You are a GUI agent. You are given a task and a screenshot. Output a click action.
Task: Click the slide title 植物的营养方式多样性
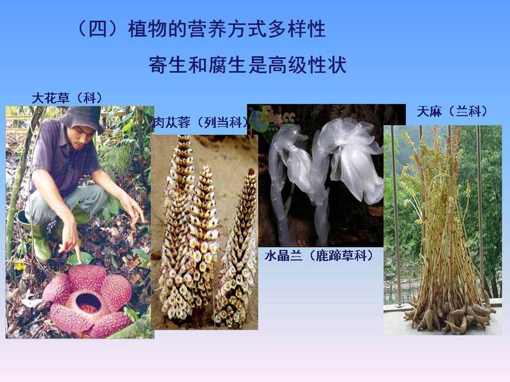(x=227, y=29)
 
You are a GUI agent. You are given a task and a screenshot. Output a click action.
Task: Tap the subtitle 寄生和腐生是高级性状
(x=247, y=65)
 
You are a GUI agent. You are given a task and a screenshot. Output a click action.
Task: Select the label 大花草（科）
(x=67, y=98)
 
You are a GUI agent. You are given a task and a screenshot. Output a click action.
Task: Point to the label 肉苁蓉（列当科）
(x=201, y=122)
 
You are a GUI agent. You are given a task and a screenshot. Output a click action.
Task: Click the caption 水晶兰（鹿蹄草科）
(x=319, y=256)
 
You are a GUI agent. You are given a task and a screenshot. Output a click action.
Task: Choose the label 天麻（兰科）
(x=453, y=111)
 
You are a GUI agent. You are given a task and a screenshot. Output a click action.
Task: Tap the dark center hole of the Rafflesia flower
(x=87, y=303)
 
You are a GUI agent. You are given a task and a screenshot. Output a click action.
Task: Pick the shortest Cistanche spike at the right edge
(x=237, y=250)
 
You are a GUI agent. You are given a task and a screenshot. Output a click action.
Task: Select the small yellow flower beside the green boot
(x=20, y=266)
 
